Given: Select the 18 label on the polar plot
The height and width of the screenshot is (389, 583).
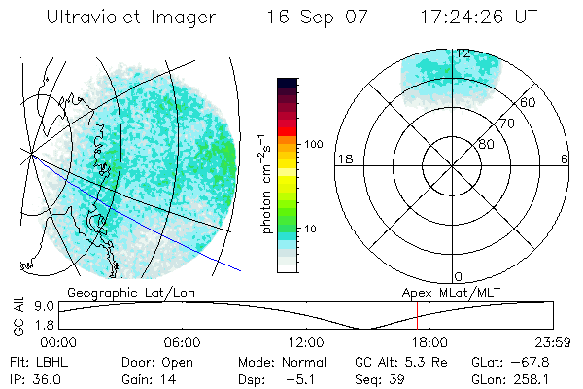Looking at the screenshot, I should [342, 159].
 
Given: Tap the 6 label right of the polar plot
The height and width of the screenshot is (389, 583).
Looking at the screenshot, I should [566, 159].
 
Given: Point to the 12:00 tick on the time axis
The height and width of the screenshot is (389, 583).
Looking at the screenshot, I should [306, 341].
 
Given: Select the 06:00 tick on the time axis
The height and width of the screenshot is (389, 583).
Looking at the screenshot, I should [182, 341].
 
